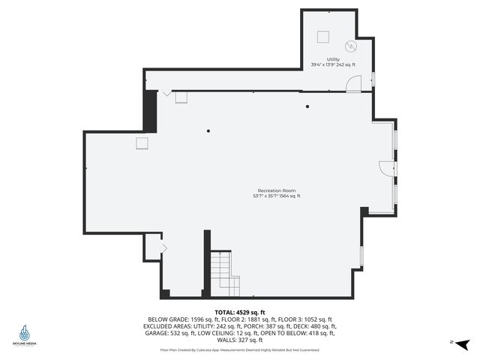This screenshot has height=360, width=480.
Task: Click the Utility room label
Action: pos(333,59)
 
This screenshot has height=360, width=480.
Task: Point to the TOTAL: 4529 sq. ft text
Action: pos(240,312)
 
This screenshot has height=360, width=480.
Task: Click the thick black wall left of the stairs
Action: pos(206,263)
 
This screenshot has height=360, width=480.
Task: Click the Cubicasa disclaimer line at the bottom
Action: pos(240,350)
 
